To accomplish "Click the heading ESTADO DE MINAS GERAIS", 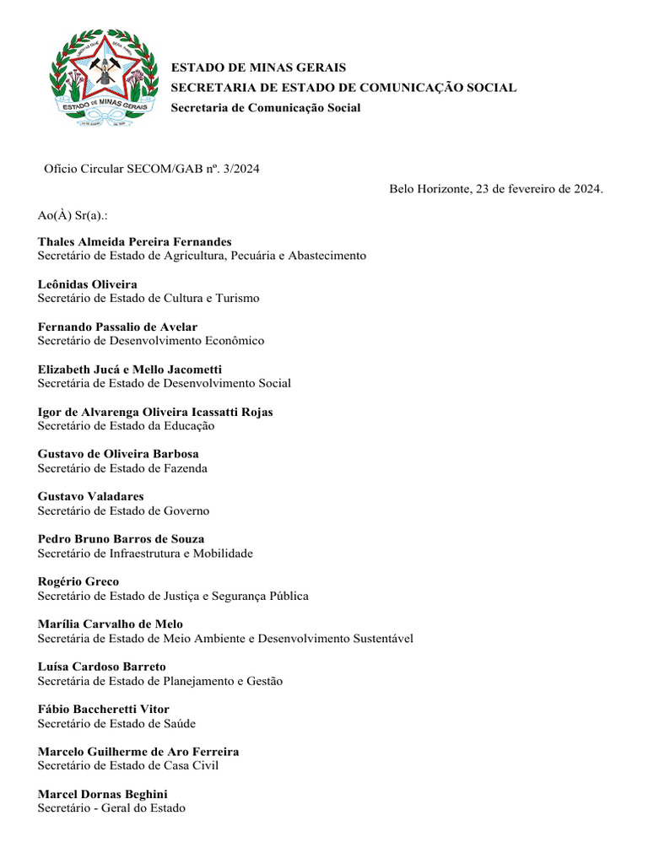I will coord(258,67).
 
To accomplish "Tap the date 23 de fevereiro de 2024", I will coord(539,189).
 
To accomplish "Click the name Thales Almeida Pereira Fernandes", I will coord(134,242).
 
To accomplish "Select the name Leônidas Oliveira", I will coord(87,284).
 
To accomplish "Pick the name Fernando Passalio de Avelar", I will coord(117,327).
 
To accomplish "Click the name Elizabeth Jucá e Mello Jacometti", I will coord(130,370).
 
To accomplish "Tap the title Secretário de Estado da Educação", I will coord(126,425).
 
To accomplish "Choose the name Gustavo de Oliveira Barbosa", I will coord(118,454).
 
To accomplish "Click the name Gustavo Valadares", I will coord(90,497).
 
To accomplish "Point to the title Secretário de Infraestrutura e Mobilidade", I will coord(145,553).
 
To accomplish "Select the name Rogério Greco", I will coord(78,581).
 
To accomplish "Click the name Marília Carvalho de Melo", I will coord(111,624).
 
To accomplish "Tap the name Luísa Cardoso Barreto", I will coord(101,667).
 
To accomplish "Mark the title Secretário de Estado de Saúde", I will coord(116,723).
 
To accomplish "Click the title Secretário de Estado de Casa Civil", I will coord(128,765).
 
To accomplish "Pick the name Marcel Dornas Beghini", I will coord(102,794).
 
